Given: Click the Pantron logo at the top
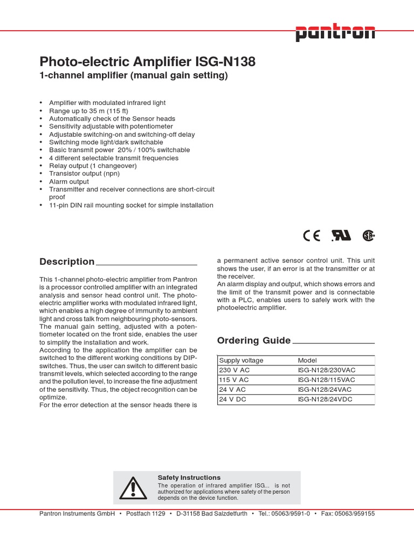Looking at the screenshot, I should (x=335, y=33).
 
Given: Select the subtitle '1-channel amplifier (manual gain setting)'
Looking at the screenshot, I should (x=134, y=76).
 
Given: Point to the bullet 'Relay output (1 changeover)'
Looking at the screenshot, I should (x=93, y=166).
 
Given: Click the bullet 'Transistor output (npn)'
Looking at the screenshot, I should (x=84, y=174).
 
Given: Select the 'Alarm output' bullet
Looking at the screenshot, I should (x=69, y=182).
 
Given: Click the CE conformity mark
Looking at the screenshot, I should (x=312, y=235).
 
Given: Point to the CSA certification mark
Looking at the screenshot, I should (x=368, y=235).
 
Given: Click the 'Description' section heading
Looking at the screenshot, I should (x=67, y=262).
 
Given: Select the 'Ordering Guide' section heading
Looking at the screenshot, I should (x=253, y=340).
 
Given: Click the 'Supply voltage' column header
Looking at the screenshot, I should (x=241, y=361).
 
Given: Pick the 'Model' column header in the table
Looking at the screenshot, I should (x=307, y=361).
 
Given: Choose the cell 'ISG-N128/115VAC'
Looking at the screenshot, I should (x=327, y=380).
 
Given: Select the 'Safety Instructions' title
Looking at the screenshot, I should (x=189, y=477).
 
